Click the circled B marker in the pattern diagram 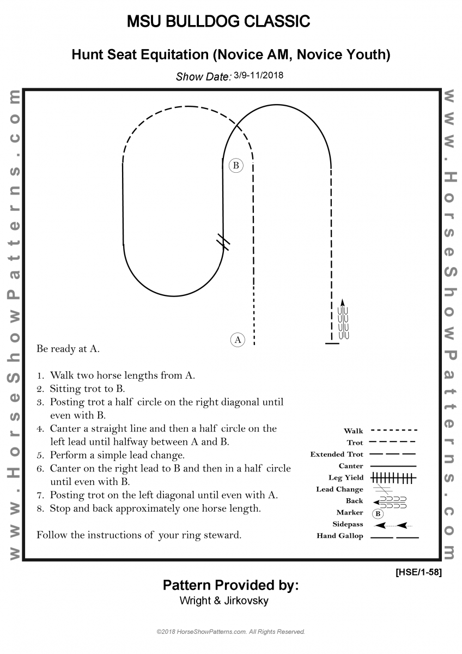(x=236, y=165)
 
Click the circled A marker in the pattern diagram (x=237, y=340)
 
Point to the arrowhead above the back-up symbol (x=343, y=302)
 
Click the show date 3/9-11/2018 (x=259, y=76)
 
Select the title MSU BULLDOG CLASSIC (x=218, y=22)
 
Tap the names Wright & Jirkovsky (x=224, y=601)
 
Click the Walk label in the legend (x=354, y=431)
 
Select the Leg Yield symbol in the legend (x=393, y=478)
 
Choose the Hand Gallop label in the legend (x=340, y=536)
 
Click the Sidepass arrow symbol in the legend (x=393, y=525)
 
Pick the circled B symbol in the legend (x=378, y=513)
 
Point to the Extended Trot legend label (x=337, y=455)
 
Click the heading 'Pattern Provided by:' (x=230, y=585)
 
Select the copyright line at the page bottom (x=230, y=632)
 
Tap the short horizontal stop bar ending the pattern (x=332, y=343)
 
